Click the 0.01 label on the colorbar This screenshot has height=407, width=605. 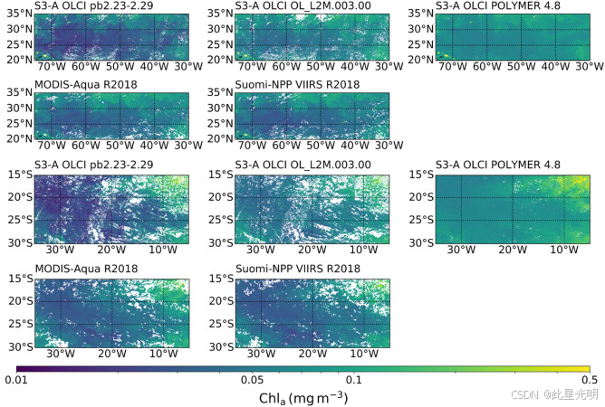click(16, 380)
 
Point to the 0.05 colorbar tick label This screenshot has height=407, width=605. click(252, 380)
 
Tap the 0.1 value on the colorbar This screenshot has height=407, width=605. click(354, 380)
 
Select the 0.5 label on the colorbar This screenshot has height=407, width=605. click(590, 380)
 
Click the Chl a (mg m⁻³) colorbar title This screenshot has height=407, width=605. click(303, 398)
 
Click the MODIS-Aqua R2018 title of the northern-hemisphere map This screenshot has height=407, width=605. click(86, 85)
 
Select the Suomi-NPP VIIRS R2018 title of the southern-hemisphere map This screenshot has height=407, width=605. click(298, 269)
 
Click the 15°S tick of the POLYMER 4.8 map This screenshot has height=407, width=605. click(421, 175)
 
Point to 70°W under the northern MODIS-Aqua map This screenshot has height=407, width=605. click(52, 146)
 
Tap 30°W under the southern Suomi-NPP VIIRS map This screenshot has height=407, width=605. click(261, 354)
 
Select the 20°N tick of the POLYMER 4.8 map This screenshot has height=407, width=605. click(421, 60)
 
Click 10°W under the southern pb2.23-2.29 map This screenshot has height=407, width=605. click(163, 250)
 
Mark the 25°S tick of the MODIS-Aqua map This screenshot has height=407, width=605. click(21, 324)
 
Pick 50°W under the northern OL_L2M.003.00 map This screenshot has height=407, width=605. click(321, 67)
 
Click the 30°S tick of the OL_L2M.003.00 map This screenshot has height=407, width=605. click(221, 242)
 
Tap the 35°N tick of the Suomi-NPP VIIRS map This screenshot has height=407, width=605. click(220, 92)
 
